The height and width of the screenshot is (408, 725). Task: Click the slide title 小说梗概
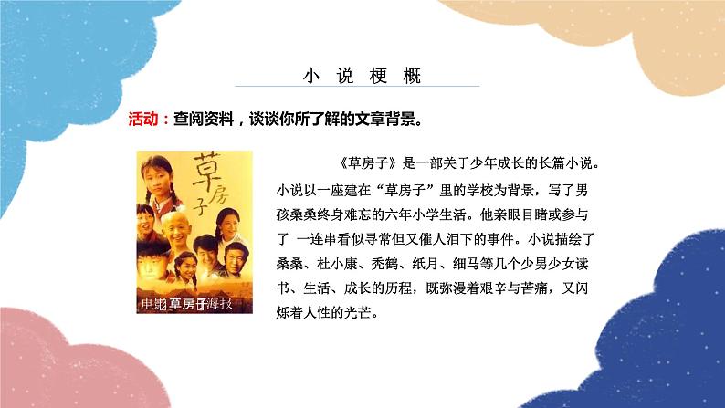[362, 74]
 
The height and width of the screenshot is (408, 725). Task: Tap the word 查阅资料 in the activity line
[202, 119]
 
